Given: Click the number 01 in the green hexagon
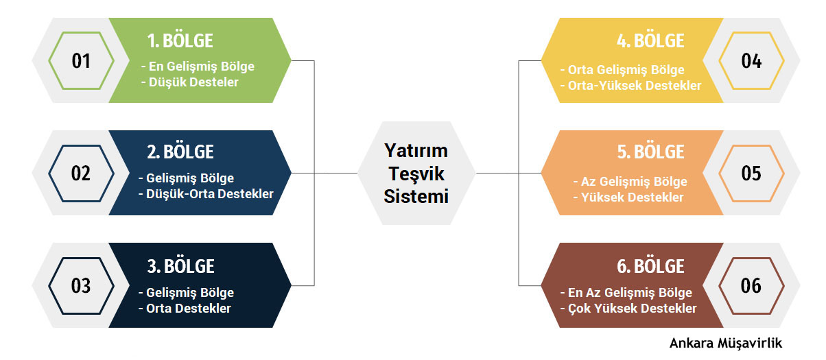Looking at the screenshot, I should (81, 60).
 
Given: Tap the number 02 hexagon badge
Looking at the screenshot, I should (81, 173).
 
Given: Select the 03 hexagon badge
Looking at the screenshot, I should (81, 285).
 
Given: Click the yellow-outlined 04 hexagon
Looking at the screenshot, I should (751, 60).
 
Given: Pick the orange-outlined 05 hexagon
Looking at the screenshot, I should (751, 173).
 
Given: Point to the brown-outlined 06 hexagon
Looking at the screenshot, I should (751, 285).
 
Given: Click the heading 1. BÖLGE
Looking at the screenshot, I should (180, 40).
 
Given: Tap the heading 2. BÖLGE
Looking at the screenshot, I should (180, 152).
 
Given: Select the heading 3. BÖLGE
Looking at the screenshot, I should (180, 265).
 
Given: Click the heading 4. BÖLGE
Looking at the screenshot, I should (650, 40).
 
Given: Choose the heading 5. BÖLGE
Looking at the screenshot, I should (650, 152).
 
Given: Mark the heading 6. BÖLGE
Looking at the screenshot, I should (650, 265).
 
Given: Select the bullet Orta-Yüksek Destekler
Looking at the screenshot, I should (630, 86).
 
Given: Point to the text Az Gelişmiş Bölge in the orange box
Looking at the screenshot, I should (630, 182).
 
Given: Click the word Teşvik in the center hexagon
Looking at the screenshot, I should (416, 173).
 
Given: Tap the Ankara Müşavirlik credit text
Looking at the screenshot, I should (726, 343).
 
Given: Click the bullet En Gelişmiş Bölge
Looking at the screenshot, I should (198, 67).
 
